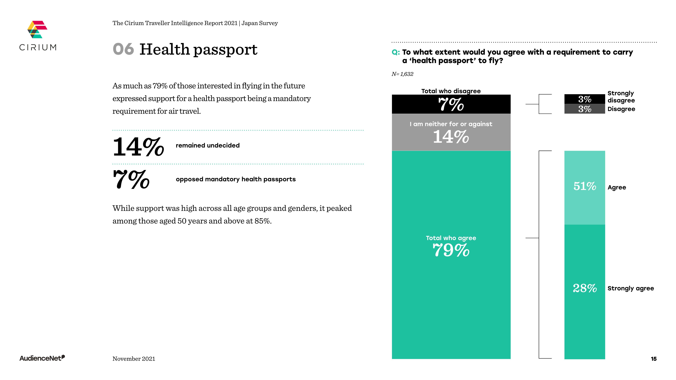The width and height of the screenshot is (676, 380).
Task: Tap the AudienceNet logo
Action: (42, 358)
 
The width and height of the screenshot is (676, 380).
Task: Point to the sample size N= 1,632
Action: (402, 74)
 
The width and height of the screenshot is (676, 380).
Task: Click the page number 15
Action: (653, 359)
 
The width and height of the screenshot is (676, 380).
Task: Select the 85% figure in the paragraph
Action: (262, 221)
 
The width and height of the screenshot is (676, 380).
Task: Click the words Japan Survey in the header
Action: (259, 23)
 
